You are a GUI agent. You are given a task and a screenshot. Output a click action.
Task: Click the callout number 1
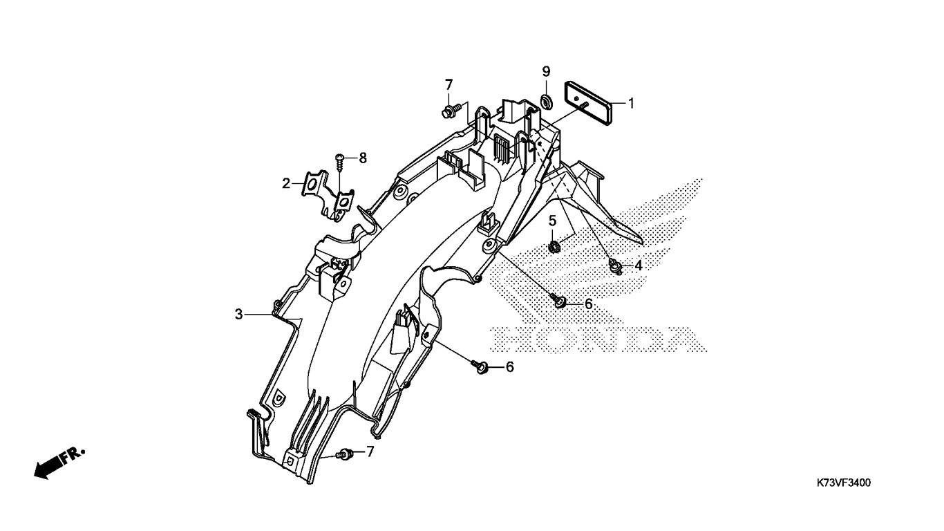[x=631, y=104]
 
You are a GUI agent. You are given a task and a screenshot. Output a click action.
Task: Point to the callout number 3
[x=238, y=315]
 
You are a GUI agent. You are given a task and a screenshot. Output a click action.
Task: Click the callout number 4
[x=638, y=265]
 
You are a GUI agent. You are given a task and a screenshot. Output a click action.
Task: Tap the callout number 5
[x=553, y=221]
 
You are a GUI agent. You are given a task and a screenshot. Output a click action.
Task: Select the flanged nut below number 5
[x=554, y=245]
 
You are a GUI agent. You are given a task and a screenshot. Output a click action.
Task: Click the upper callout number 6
[x=589, y=304]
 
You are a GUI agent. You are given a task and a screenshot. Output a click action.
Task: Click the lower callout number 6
[x=510, y=366]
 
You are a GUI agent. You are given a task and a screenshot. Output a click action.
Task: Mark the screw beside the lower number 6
[x=480, y=366]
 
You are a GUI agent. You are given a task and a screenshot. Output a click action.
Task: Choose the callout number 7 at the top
[x=449, y=84]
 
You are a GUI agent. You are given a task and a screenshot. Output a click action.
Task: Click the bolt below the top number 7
[x=447, y=109]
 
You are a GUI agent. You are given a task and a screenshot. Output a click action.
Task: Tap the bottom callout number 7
[x=370, y=452]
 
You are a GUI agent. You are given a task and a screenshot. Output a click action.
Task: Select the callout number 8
[x=362, y=158]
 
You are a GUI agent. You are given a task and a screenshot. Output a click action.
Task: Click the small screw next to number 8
[x=340, y=160]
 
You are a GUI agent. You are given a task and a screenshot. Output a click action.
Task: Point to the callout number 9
[x=546, y=71]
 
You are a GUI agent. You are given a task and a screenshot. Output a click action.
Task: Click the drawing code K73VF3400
[x=844, y=483]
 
